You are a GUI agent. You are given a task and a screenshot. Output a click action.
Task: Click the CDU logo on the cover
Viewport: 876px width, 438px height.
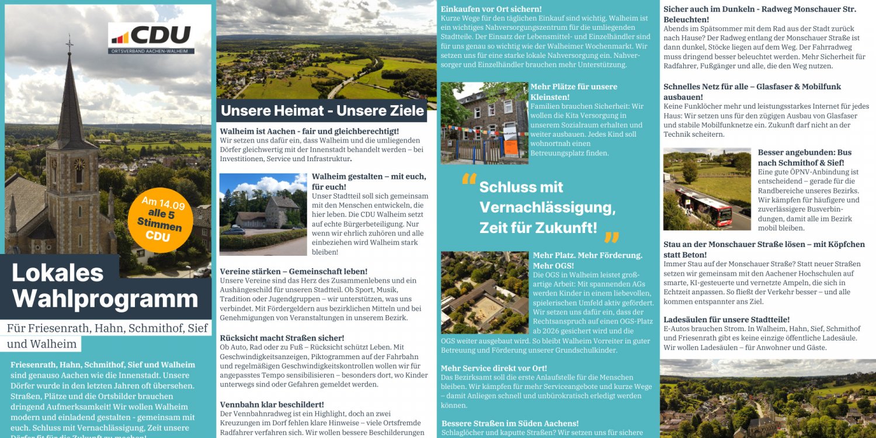151,38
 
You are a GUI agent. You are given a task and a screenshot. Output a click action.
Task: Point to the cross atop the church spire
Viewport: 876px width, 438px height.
69,43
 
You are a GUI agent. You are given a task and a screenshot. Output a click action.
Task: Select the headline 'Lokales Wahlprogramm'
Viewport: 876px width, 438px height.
105,286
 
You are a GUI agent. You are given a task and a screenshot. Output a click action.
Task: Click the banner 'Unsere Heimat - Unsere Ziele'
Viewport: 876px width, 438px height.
322,110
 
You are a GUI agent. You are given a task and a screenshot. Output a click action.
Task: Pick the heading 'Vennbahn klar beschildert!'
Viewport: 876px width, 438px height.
272,405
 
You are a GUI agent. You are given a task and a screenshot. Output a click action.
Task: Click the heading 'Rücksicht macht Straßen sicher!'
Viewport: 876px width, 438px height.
281,338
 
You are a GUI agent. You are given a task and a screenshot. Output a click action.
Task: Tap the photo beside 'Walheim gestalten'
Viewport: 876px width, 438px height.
263,214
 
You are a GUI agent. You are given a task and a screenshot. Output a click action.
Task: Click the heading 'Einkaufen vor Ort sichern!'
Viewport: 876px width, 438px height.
491,9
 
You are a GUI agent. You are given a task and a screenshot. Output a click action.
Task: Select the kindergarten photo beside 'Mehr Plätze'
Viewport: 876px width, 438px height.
484,123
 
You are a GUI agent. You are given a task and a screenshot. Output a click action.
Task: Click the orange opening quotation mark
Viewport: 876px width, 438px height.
469,179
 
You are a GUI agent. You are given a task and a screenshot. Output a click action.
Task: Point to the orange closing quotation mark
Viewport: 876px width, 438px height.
611,237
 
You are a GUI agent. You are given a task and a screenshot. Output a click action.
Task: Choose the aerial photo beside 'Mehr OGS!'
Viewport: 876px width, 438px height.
484,291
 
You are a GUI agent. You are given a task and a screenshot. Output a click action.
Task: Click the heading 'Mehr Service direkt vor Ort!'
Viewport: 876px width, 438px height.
493,369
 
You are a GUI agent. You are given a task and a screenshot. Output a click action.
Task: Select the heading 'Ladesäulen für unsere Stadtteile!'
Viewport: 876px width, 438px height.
726,319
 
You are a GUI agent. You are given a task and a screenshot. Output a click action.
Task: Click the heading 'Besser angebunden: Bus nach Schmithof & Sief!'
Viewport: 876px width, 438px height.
804,157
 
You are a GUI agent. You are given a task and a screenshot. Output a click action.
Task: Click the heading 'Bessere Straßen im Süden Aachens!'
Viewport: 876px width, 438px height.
510,423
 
